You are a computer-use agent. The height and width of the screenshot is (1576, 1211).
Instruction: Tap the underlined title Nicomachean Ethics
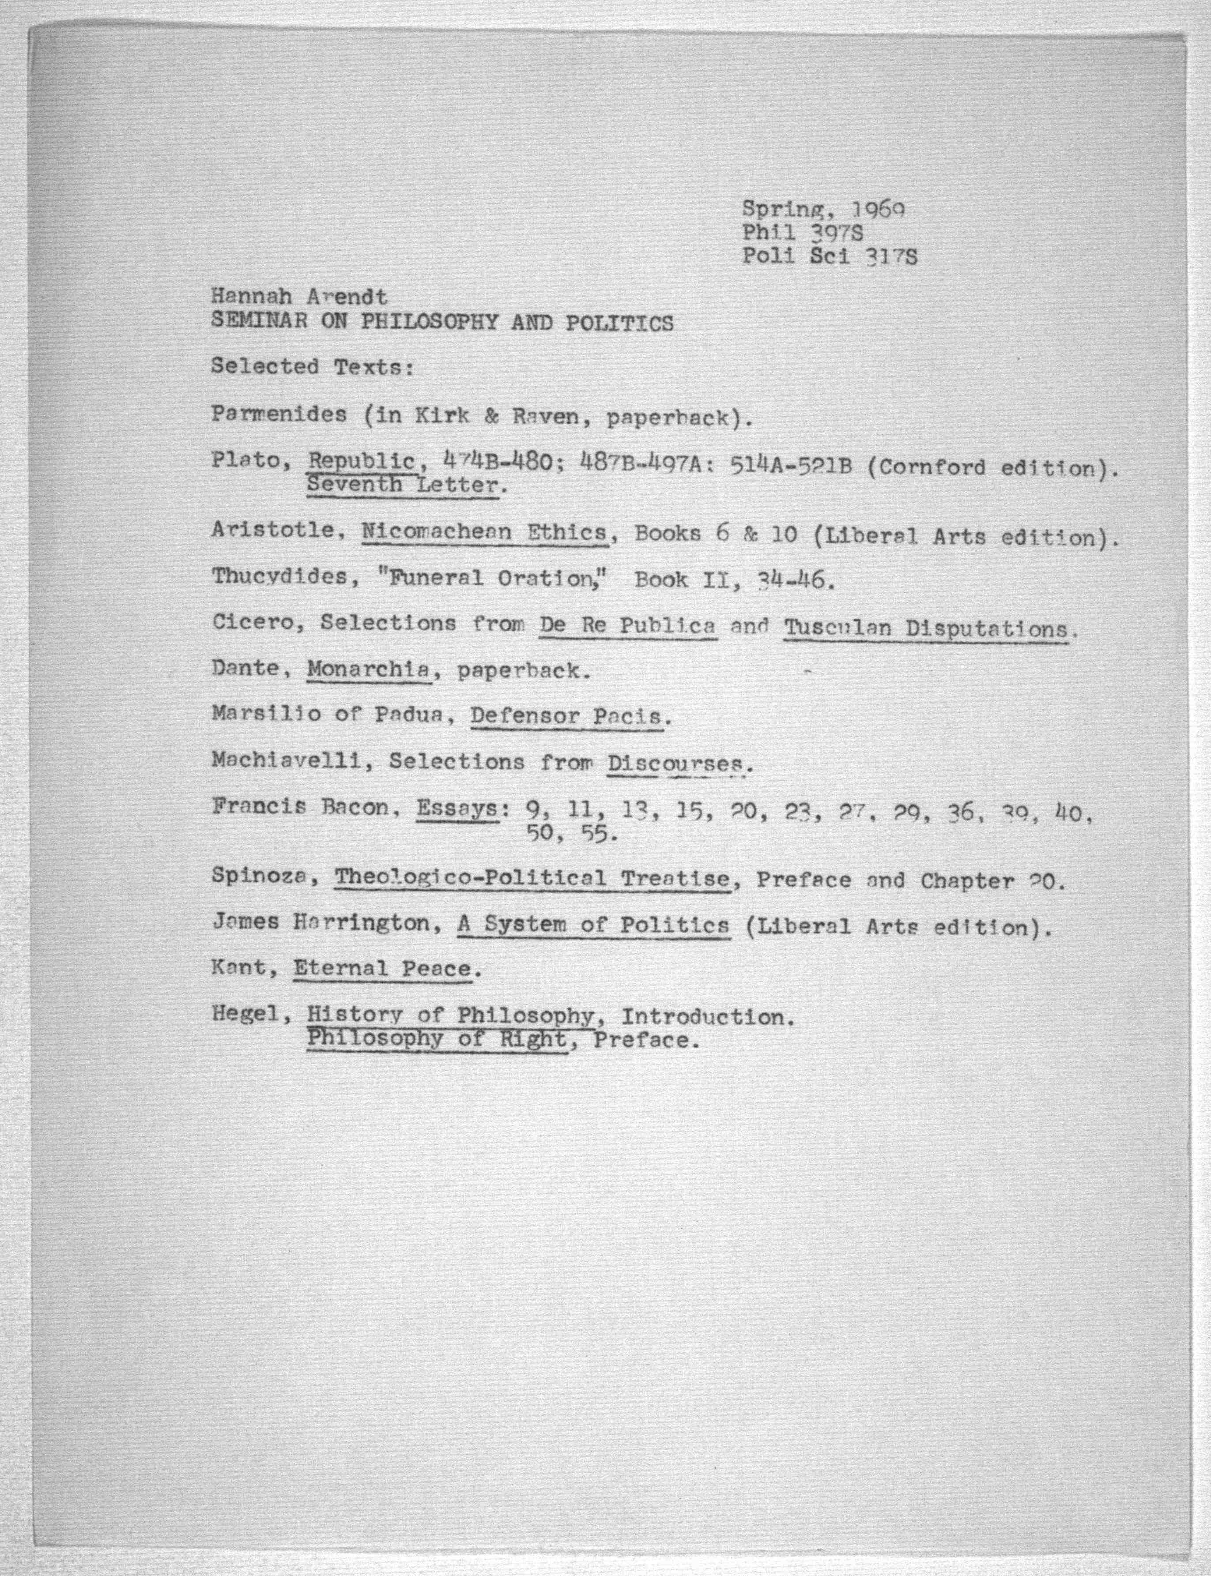coord(484,533)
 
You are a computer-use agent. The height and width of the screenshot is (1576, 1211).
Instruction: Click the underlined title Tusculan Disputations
coord(925,628)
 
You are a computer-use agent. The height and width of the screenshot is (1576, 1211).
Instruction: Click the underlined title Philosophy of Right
coord(437,1039)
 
